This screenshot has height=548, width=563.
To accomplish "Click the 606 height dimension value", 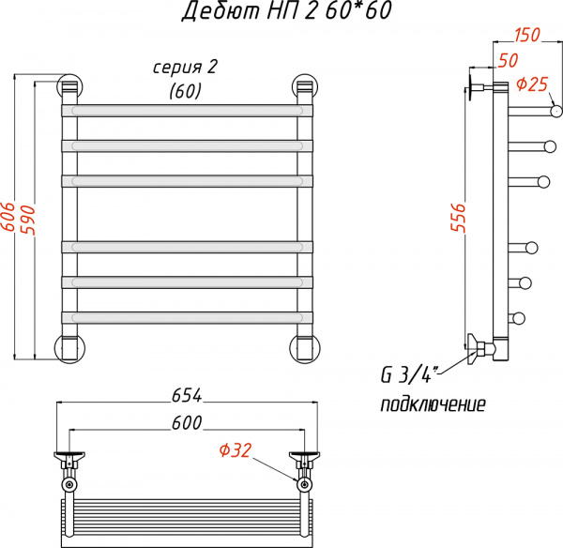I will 8,218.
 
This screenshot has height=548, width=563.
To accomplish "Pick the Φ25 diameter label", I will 532,84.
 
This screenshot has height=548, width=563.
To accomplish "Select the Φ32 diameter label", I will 235,450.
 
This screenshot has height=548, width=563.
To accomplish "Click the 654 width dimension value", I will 186,396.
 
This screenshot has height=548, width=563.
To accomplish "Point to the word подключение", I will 433,405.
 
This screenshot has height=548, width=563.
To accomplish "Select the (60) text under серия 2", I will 186,90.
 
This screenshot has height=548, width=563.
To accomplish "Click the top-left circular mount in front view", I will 69,86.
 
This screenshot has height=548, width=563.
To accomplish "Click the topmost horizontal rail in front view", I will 187,110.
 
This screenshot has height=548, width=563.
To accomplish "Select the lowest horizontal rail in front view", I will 187,316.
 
